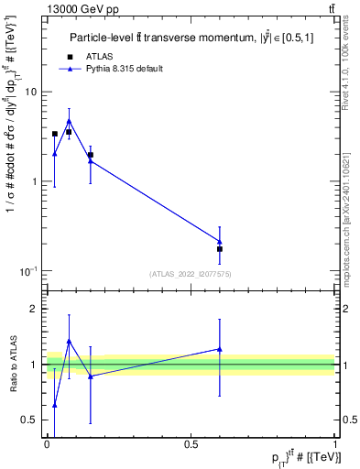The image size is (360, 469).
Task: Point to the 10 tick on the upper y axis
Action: (34, 92)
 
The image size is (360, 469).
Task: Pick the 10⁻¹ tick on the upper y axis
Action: (30, 271)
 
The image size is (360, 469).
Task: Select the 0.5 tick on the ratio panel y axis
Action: (32, 420)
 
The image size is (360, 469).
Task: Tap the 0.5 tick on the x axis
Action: (191, 444)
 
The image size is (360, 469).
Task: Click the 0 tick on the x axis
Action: (47, 444)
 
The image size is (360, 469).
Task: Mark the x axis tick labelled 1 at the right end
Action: (335, 444)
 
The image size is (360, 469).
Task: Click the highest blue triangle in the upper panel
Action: (69, 120)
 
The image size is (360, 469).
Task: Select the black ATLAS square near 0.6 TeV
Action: (220, 249)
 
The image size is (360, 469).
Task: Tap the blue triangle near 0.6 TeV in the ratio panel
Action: (220, 349)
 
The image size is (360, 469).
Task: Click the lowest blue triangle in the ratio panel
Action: (55, 405)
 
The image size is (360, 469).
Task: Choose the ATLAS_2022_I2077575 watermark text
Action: (191, 273)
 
